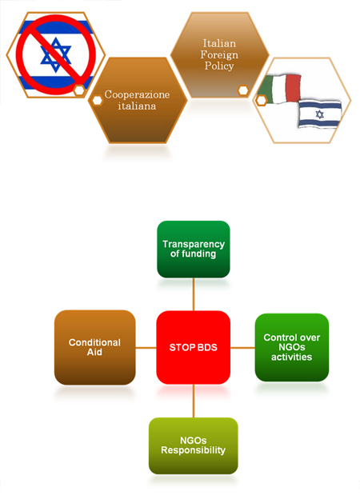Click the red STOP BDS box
coord(194,347)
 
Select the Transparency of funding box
coord(194,249)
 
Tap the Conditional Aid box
coord(94,347)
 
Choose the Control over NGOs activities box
coord(292,347)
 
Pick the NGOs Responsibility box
coord(194,445)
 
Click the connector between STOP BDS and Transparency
coord(194,294)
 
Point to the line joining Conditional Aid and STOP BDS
coord(146,348)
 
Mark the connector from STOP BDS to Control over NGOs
coord(242,348)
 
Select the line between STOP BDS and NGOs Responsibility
coord(194,401)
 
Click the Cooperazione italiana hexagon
coord(137,100)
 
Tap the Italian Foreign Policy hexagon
coord(219,54)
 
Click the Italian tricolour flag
coord(280,89)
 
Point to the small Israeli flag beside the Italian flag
coord(319,114)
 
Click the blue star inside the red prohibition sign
coord(55,54)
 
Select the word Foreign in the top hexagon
coord(219,55)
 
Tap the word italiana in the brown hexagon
coord(137,106)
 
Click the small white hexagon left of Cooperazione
coord(98,101)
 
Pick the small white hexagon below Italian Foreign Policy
coord(243,90)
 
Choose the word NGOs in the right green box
coord(292,347)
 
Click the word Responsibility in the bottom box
coord(194,450)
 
